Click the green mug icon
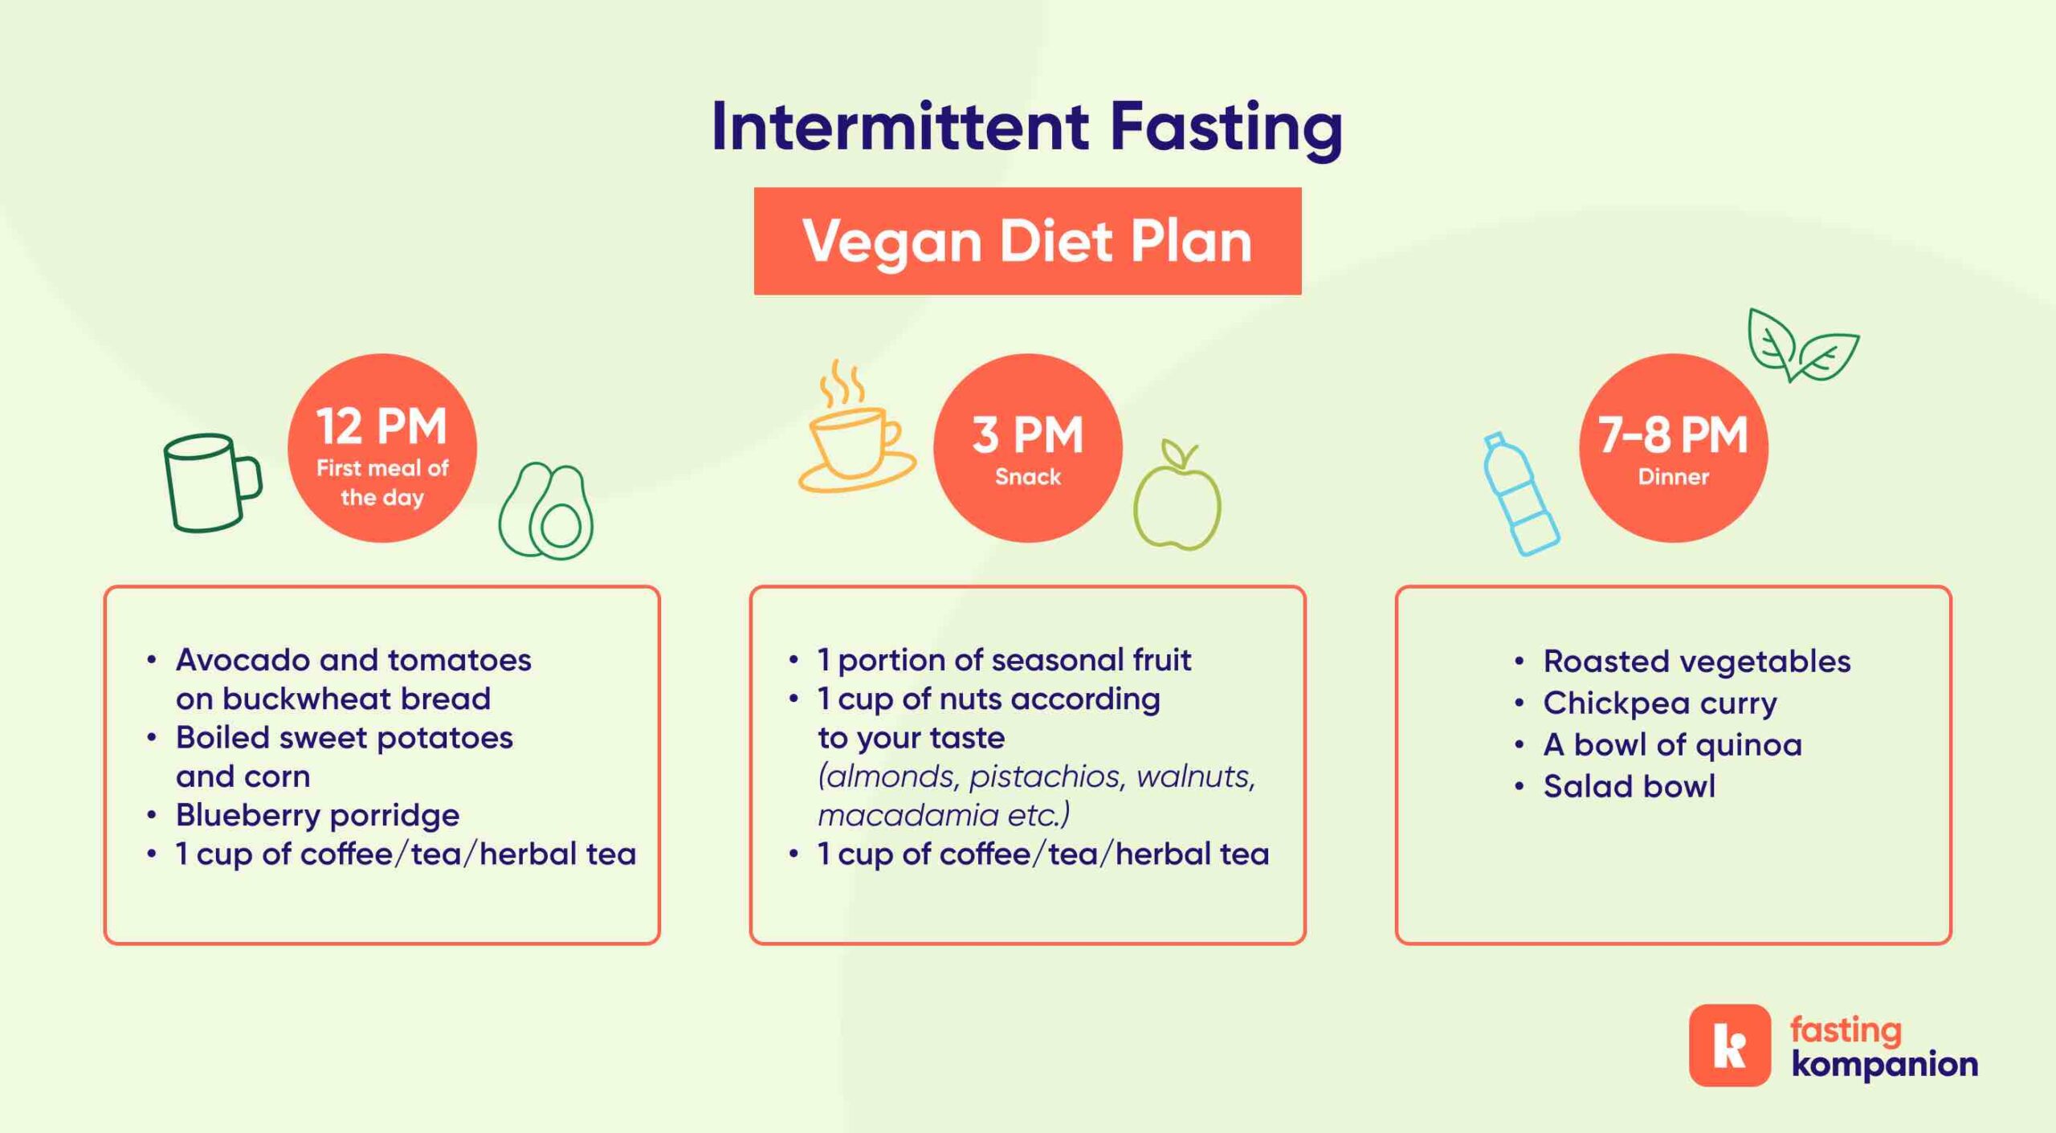click(x=210, y=483)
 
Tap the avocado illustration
click(x=546, y=511)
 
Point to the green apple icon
click(x=1177, y=495)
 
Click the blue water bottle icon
click(x=1520, y=495)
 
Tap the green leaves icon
click(x=1803, y=345)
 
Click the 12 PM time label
click(x=381, y=426)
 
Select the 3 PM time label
click(x=1027, y=434)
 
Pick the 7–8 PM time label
click(x=1673, y=434)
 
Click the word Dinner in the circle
click(x=1673, y=477)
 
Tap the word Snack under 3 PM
click(x=1028, y=477)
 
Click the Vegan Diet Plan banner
click(x=1027, y=241)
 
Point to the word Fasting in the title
click(x=1226, y=128)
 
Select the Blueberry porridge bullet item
click(x=317, y=815)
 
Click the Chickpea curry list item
click(x=1659, y=703)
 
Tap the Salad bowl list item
click(x=1629, y=786)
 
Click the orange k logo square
click(x=1729, y=1045)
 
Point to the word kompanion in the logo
click(x=1884, y=1065)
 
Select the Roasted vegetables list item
click(x=1696, y=662)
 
